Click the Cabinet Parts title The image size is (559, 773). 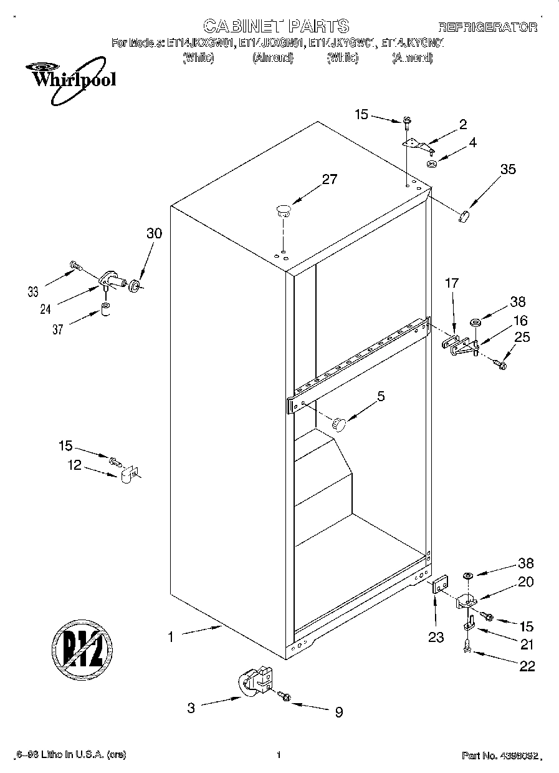pyautogui.click(x=276, y=26)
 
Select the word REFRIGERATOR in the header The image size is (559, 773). pyautogui.click(x=488, y=27)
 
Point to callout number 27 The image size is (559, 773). pyautogui.click(x=329, y=180)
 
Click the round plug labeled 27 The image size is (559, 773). pyautogui.click(x=284, y=210)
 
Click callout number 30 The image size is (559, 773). pyautogui.click(x=153, y=233)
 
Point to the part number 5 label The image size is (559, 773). pyautogui.click(x=381, y=396)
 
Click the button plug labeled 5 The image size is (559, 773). pyautogui.click(x=338, y=424)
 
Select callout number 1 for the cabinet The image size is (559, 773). pyautogui.click(x=170, y=638)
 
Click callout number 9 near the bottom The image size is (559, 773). pyautogui.click(x=338, y=712)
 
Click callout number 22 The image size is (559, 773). pyautogui.click(x=527, y=666)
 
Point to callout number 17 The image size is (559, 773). pyautogui.click(x=451, y=283)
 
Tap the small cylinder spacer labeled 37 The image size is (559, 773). pyautogui.click(x=106, y=310)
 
